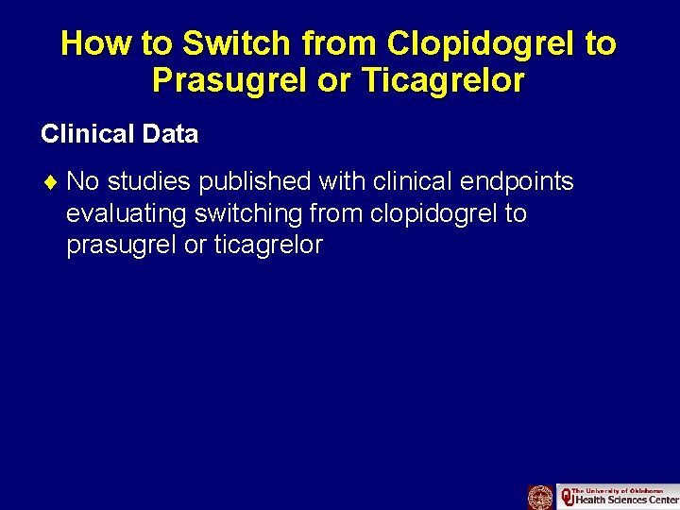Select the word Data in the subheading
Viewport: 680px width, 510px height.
(171, 134)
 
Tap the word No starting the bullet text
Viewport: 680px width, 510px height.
(83, 180)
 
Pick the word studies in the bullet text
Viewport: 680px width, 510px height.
(149, 180)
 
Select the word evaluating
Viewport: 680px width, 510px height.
(127, 213)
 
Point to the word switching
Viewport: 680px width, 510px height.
(248, 213)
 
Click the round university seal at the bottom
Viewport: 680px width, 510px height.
(540, 497)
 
